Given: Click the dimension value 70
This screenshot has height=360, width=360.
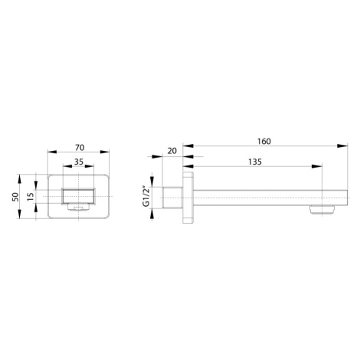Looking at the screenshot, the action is (80, 148).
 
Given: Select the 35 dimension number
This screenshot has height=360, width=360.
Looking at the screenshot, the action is (79, 162).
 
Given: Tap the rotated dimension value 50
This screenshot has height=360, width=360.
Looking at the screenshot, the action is (16, 197).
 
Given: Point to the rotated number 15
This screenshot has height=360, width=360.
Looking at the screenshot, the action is (31, 196).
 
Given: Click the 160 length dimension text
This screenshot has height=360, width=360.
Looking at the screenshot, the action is (264, 141).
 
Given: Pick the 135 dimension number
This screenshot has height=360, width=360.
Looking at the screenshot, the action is (255, 162).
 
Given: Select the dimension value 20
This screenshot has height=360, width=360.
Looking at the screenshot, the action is (172, 151).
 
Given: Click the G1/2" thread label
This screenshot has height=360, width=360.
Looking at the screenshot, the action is (146, 197).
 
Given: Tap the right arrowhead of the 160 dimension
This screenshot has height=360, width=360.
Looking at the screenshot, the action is (342, 146).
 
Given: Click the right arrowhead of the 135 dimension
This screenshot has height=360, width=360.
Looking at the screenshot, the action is (317, 166).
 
